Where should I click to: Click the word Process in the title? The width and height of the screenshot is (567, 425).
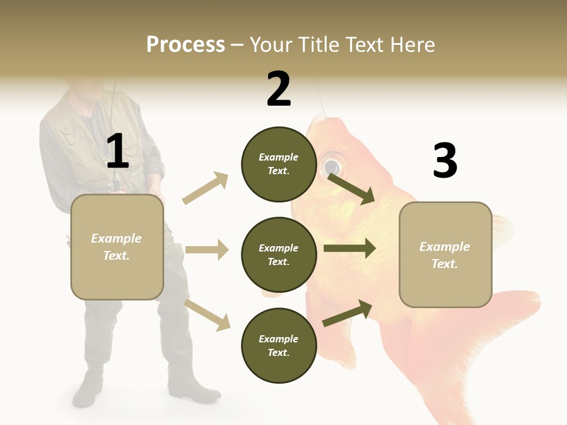point(185,44)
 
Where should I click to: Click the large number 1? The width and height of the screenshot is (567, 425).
point(118,151)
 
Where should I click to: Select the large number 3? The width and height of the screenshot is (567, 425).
point(445,161)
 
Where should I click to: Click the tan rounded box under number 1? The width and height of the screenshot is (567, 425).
point(117,247)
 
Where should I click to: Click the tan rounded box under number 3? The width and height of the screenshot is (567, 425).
point(445,254)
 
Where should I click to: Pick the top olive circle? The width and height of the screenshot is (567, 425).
point(278,164)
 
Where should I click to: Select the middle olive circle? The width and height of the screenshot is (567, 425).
point(278,254)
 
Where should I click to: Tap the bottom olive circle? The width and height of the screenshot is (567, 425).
point(278,345)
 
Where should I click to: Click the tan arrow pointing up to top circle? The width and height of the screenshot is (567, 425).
point(206,188)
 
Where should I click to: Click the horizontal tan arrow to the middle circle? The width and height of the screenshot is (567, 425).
point(207,250)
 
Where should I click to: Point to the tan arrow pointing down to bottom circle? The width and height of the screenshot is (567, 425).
point(207,315)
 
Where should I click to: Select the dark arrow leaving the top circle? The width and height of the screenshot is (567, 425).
point(351,188)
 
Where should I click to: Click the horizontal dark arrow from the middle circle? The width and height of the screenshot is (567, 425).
point(350,249)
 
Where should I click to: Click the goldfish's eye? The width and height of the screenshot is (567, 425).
point(332,164)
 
